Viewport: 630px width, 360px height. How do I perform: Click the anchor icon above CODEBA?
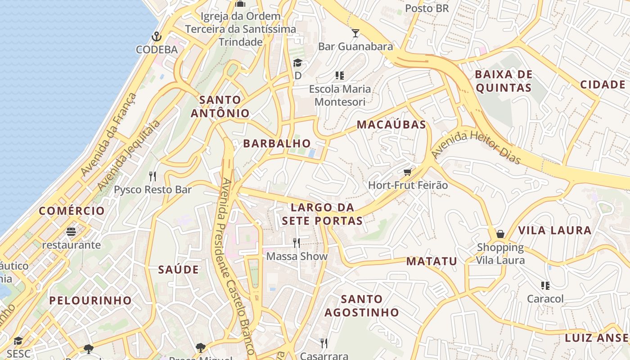[x=157, y=36]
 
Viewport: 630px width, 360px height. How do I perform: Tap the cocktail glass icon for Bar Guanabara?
[x=355, y=33]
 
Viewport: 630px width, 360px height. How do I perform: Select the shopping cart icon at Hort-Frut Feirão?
[x=408, y=172]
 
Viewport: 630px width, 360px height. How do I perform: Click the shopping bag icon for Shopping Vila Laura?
[x=500, y=234]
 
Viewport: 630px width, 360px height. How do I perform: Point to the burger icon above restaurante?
[x=71, y=232]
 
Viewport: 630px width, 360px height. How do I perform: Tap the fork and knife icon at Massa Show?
[x=296, y=243]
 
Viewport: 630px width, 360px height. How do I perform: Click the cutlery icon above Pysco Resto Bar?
[x=153, y=176]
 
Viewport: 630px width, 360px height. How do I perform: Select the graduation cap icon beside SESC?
[x=18, y=341]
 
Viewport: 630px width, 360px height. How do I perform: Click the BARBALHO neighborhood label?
[x=277, y=144]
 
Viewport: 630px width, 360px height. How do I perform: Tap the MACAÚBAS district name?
[x=391, y=125]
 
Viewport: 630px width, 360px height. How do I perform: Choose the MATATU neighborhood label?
[x=432, y=261]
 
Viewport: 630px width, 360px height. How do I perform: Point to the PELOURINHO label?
[x=90, y=300]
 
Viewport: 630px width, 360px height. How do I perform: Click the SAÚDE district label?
[x=178, y=270]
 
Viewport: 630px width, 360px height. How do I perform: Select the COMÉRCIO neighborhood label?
[x=72, y=211]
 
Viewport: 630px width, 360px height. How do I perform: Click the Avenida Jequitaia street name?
[x=129, y=155]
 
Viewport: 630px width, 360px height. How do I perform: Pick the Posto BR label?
[x=427, y=9]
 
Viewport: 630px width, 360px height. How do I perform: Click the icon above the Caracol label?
[x=545, y=285]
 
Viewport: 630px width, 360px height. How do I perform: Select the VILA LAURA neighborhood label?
[x=554, y=230]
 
